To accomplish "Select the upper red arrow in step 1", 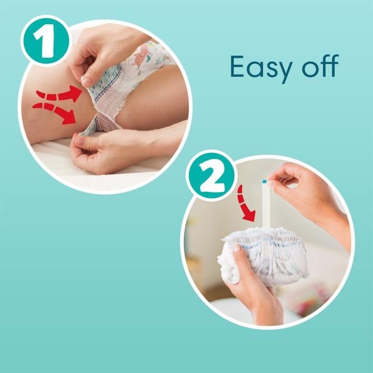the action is tap(60, 94).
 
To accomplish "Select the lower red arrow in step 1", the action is tap(55, 112).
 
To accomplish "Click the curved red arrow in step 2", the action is tap(245, 204).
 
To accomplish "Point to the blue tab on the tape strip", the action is tap(264, 181).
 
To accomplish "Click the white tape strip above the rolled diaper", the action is tap(266, 205).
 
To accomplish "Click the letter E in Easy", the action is tap(237, 66).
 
